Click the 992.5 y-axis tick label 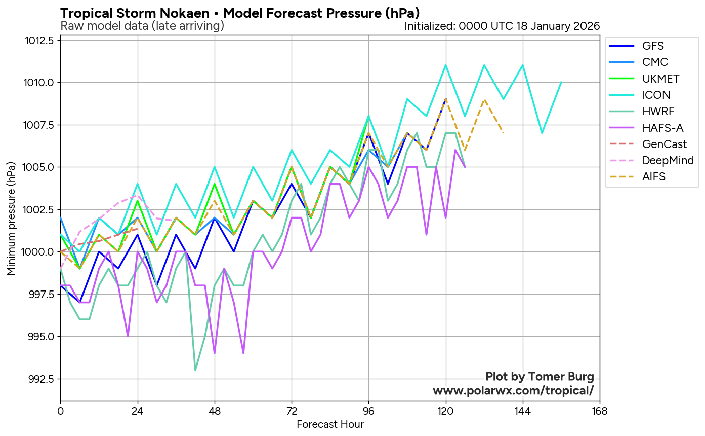click(x=42, y=379)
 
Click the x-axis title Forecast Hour click(x=330, y=424)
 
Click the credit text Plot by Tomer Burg click(x=540, y=376)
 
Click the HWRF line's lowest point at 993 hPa click(x=195, y=370)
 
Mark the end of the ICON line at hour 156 click(x=561, y=82)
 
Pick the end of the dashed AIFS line click(x=504, y=133)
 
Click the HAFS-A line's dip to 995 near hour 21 click(x=128, y=336)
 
